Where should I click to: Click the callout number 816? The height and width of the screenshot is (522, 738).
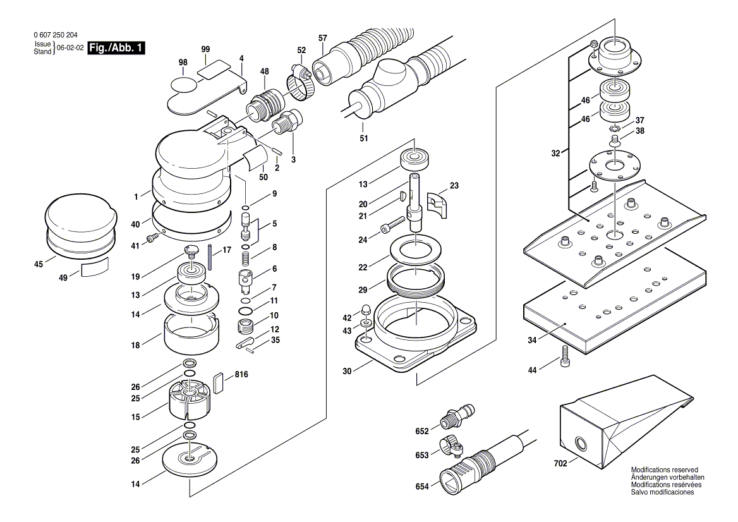(241, 375)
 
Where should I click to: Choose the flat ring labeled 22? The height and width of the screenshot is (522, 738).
(415, 249)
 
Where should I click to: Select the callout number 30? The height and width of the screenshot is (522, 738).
(346, 372)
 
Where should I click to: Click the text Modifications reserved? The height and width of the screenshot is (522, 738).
(664, 470)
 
